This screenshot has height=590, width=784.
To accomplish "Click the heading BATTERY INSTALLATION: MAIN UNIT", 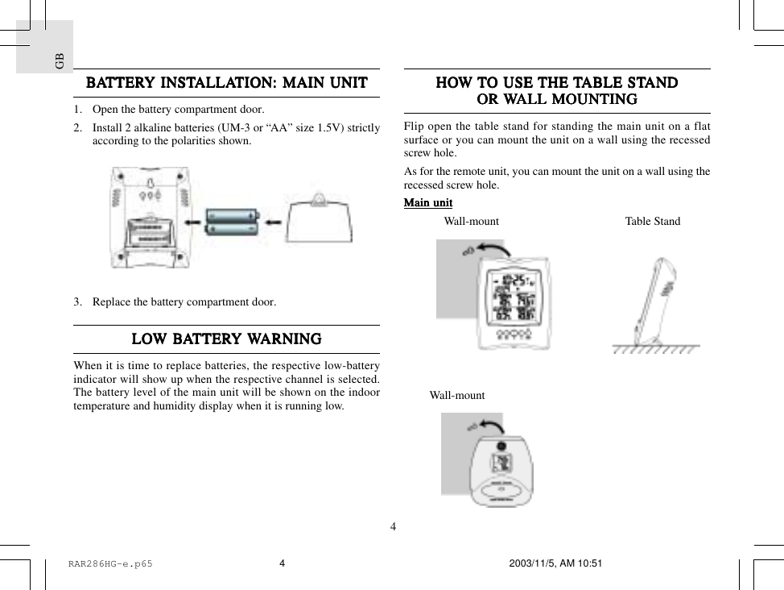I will [226, 83].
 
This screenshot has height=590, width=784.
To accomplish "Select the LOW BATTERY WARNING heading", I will [226, 339].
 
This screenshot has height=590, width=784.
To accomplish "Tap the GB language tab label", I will [59, 60].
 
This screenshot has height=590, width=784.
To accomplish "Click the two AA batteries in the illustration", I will [233, 222].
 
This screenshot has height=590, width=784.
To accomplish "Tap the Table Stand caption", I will [652, 222].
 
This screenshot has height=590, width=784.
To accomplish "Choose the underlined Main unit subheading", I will [427, 203].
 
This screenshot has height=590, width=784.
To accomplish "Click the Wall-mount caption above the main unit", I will [471, 222].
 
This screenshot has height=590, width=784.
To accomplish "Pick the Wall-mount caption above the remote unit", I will [456, 396].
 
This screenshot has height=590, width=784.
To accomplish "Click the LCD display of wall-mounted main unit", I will [514, 297].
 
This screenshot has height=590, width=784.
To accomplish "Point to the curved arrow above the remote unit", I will [489, 426].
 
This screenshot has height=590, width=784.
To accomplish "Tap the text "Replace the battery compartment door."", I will [184, 303].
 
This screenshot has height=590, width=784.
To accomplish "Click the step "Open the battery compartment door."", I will [178, 110].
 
